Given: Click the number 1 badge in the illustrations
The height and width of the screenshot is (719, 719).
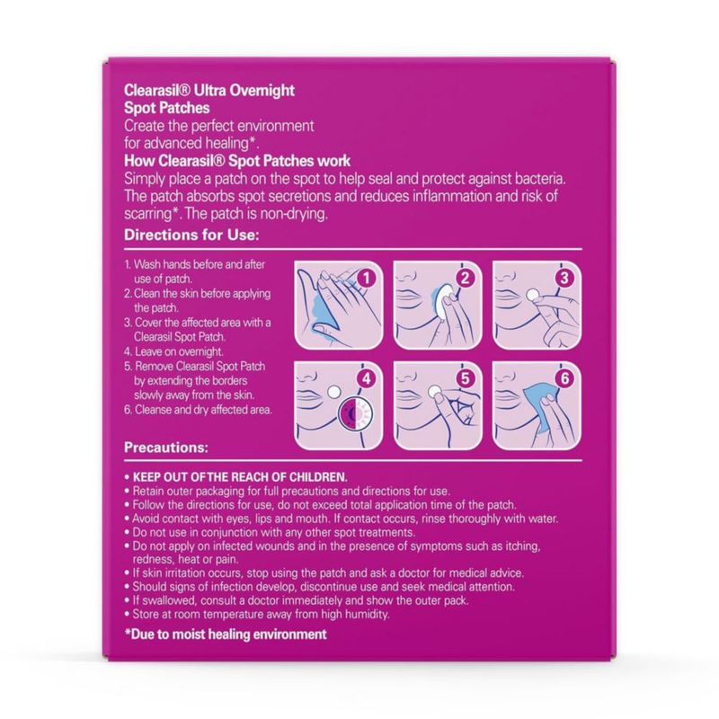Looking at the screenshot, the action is (x=366, y=278).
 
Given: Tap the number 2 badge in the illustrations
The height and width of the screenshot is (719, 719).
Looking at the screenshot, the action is (x=465, y=278).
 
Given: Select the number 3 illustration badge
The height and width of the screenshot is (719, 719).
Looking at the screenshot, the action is (x=564, y=278).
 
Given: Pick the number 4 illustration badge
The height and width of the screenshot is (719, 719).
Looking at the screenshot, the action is (x=366, y=378).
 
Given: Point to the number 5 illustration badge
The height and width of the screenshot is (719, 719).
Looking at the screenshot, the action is (x=465, y=378).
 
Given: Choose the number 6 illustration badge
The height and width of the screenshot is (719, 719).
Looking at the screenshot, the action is (x=564, y=378).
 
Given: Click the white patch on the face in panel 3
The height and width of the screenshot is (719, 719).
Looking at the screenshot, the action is (x=532, y=295).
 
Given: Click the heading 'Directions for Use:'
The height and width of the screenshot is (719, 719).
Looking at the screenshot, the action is (x=191, y=235).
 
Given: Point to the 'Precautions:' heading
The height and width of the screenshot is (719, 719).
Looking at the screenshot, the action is (x=166, y=447).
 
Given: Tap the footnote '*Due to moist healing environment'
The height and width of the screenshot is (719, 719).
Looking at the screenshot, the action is (x=226, y=635).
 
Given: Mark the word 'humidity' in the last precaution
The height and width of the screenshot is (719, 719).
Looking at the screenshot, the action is (x=366, y=614).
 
